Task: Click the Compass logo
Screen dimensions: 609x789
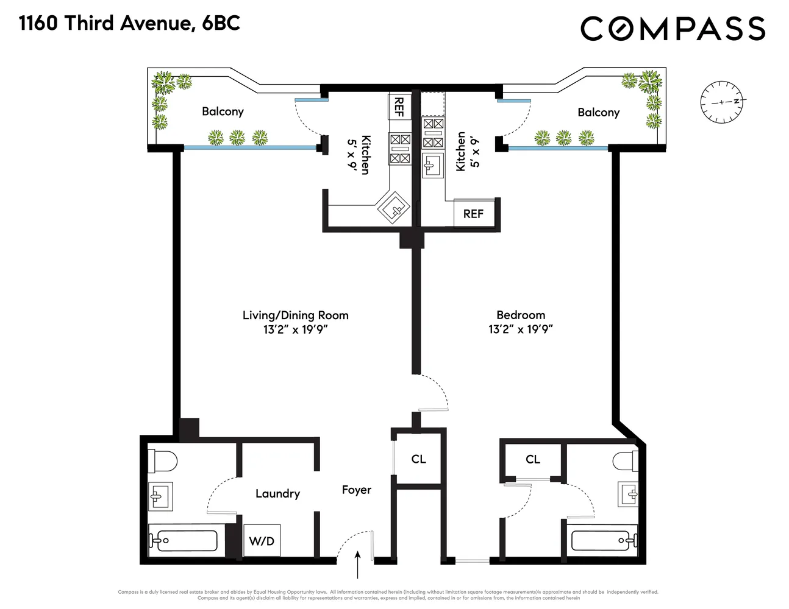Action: pyautogui.click(x=673, y=29)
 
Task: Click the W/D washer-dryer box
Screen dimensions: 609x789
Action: pyautogui.click(x=262, y=540)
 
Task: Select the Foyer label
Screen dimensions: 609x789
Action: pyautogui.click(x=356, y=490)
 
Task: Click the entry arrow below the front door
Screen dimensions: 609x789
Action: pyautogui.click(x=357, y=565)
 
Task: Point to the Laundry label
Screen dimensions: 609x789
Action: pyautogui.click(x=277, y=493)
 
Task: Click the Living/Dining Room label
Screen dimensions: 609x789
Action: pyautogui.click(x=295, y=315)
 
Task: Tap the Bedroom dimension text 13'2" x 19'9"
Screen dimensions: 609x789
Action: pyautogui.click(x=520, y=329)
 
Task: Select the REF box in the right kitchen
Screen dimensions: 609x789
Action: pyautogui.click(x=473, y=214)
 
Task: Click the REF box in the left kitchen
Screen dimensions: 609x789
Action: pyautogui.click(x=399, y=107)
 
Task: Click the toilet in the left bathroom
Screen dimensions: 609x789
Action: pyautogui.click(x=162, y=460)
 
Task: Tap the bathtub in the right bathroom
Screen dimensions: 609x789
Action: pyautogui.click(x=604, y=540)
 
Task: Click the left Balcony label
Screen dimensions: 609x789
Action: pyautogui.click(x=223, y=111)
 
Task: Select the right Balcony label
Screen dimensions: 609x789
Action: pyautogui.click(x=598, y=112)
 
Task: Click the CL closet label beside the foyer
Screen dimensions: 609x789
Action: pyautogui.click(x=418, y=459)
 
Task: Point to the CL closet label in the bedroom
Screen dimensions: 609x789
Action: pyautogui.click(x=532, y=459)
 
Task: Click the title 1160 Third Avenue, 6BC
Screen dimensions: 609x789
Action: pyautogui.click(x=130, y=23)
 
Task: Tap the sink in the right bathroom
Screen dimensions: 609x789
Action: pyautogui.click(x=628, y=493)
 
